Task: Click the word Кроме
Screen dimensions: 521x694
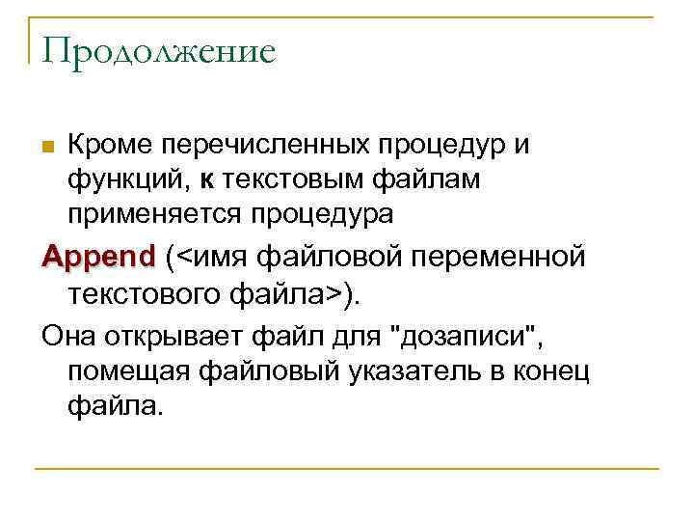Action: [109, 146]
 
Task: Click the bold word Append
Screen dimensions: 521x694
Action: [97, 259]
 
